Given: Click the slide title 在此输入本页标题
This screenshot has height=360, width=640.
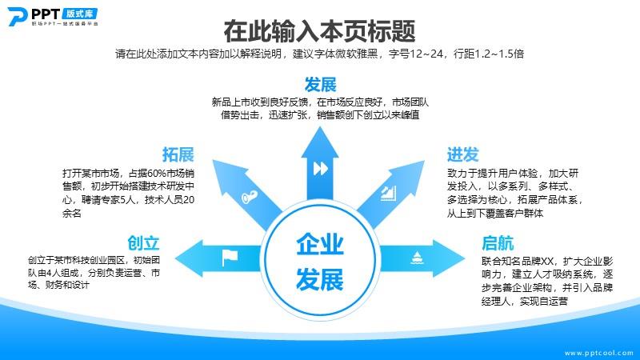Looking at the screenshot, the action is click(x=319, y=30).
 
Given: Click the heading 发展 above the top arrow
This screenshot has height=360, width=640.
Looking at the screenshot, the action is click(x=321, y=85).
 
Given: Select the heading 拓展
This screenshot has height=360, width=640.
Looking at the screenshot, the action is click(x=178, y=154).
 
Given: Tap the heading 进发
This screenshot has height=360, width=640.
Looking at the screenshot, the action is click(x=463, y=154).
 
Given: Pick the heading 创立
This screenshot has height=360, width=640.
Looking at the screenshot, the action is click(x=143, y=243).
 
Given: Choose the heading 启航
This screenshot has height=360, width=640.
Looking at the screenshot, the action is click(x=498, y=243).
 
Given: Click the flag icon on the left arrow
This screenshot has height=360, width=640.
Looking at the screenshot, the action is click(x=230, y=258).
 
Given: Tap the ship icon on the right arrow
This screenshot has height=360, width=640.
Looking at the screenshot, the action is click(x=417, y=258).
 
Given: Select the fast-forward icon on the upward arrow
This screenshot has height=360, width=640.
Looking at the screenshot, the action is click(x=321, y=168).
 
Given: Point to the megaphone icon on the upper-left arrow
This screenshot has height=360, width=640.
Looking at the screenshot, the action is click(x=249, y=197).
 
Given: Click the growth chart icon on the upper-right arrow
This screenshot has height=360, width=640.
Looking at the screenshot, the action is click(x=388, y=194).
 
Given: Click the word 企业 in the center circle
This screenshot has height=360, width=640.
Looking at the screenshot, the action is click(x=320, y=245).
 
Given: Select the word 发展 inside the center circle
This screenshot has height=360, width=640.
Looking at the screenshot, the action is click(x=320, y=279).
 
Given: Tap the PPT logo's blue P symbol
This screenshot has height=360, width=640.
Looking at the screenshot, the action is click(x=17, y=16).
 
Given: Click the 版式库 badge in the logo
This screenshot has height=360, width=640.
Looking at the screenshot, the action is click(x=80, y=14).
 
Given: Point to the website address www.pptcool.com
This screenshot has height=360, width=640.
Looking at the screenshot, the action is click(x=598, y=353).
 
